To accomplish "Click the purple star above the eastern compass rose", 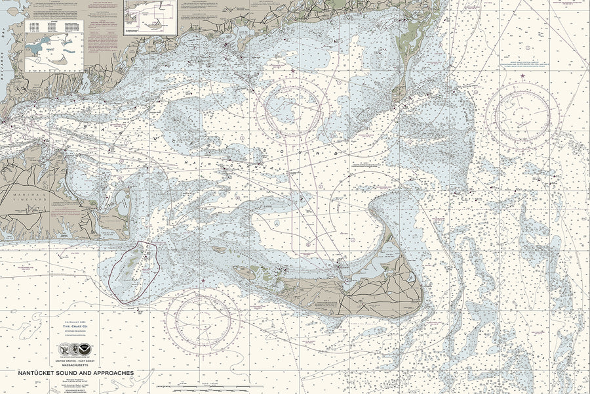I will (522, 76).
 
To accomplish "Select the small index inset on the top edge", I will (151, 16).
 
